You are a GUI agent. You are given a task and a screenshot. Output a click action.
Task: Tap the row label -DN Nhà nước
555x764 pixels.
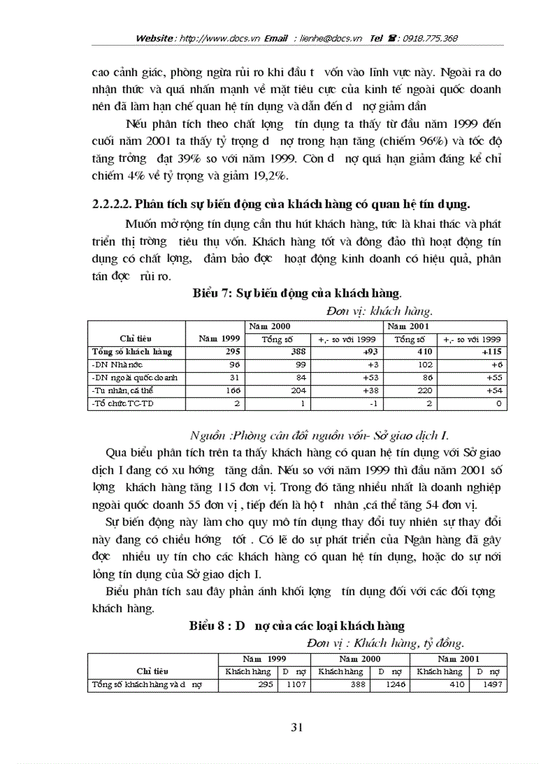point(112,365)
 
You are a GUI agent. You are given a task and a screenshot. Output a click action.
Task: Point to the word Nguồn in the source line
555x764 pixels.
point(207,435)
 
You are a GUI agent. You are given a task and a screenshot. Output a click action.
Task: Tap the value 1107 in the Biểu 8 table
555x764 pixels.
point(286,685)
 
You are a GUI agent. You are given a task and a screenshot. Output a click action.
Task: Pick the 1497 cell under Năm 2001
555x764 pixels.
point(493,685)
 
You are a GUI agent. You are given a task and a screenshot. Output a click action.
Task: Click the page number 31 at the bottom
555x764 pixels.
point(296,727)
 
